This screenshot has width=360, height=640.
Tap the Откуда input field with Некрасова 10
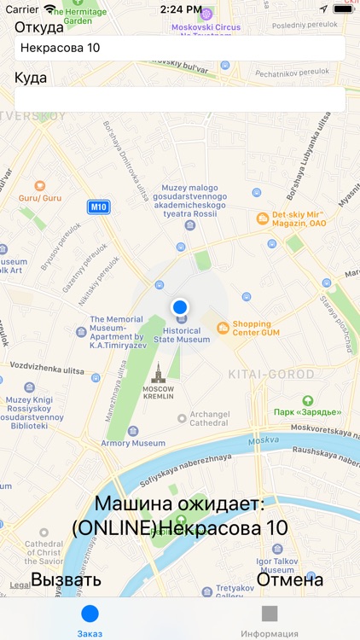pos(179,48)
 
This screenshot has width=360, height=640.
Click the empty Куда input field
pos(179,99)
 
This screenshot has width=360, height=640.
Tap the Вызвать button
pos(66,580)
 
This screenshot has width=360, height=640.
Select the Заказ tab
pos(90,620)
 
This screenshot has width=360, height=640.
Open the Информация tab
pos(270,620)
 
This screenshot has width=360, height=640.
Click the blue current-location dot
pos(179,306)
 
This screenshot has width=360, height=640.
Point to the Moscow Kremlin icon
pos(157,372)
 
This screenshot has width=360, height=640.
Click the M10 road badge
pos(99,207)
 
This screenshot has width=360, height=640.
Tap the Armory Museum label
pos(133,443)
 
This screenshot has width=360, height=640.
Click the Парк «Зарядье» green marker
pos(307,400)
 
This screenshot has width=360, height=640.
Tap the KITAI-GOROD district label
pos(271,375)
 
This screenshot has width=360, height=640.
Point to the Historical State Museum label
pos(181,335)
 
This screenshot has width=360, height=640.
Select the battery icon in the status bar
pos(344,9)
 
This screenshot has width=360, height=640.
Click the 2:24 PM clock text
pos(180,9)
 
